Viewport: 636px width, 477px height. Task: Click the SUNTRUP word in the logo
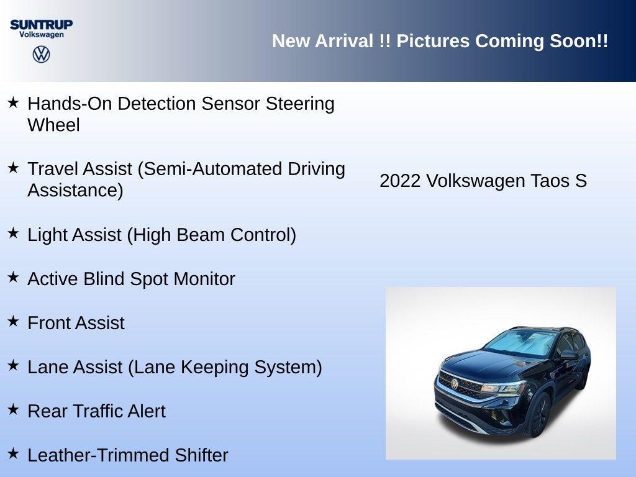41,24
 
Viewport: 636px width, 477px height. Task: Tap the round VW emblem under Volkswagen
41,54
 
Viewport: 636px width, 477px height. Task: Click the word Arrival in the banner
345,41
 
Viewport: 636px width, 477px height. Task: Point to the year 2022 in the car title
401,181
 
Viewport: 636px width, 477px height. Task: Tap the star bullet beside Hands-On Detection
13,102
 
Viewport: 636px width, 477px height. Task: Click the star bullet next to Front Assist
13,322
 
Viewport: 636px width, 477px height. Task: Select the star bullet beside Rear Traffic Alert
13,410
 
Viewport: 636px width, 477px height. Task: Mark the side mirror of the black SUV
569,355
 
